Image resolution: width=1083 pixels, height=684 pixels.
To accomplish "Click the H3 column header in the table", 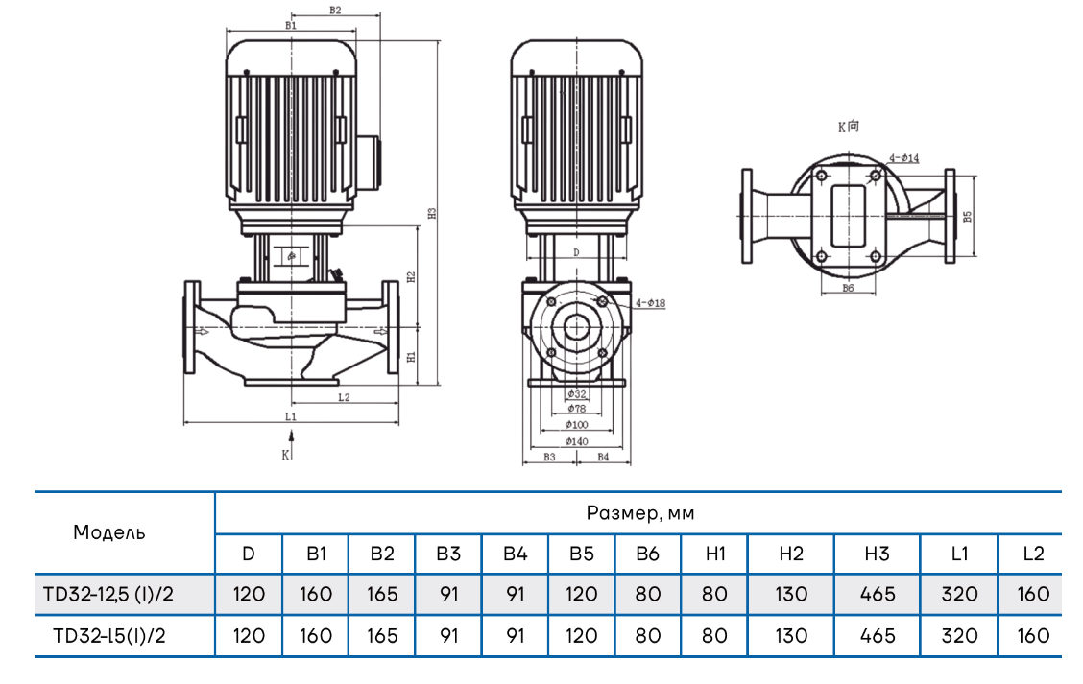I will point(877,554).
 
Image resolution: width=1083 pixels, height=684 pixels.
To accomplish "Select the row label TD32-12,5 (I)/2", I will point(108,594).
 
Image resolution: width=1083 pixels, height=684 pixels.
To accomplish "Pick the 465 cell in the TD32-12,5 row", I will point(877,594).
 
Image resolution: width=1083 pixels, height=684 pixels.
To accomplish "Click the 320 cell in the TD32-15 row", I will point(959,635).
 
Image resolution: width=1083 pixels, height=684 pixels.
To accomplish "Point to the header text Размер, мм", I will point(639,513).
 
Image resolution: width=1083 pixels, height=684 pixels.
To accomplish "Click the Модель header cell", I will point(109,532).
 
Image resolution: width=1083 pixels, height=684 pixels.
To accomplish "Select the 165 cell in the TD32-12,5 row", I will point(382,594).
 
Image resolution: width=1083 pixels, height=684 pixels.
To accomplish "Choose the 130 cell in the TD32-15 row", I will point(790,635).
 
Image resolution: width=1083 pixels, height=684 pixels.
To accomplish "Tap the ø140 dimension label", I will point(576,441).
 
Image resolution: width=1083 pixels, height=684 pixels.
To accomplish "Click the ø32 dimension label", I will point(576,394).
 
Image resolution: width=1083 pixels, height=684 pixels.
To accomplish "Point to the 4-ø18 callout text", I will point(650,303).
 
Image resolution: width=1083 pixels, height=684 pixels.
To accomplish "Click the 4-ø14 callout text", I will point(903,157).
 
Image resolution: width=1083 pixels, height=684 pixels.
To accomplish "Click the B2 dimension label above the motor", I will point(335,11).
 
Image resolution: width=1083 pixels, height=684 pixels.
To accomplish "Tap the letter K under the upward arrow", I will point(285,455).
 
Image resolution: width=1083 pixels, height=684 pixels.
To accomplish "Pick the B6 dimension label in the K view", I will point(848,288).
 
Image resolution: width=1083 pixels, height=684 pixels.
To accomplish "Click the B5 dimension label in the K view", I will point(968,217).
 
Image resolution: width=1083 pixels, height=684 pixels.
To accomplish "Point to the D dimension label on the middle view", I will point(575,252).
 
